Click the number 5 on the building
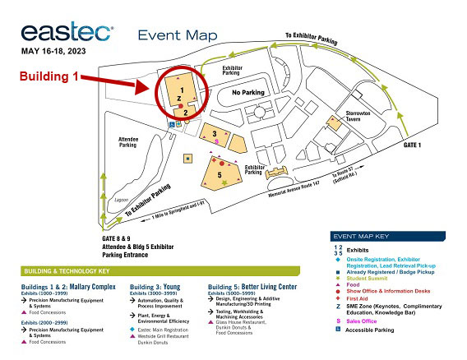pyautogui.click(x=220, y=174)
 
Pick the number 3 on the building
pyautogui.click(x=215, y=133)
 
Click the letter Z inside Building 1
pyautogui.click(x=180, y=98)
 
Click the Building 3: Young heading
pyautogui.click(x=154, y=286)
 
